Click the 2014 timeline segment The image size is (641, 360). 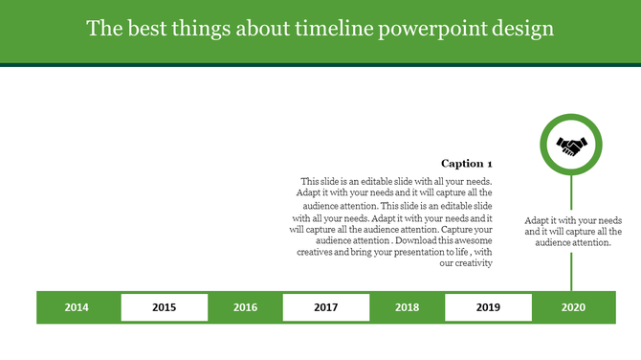point(77,307)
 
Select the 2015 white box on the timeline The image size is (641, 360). point(164,307)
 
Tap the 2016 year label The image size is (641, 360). point(245,307)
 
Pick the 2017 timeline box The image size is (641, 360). point(325,307)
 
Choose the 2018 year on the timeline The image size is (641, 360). point(407,307)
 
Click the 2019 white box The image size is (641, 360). point(488,307)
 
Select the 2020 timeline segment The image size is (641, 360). point(573,307)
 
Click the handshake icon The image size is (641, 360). point(572,146)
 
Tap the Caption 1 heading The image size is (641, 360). point(466,164)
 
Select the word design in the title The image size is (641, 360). point(525,29)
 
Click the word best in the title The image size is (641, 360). point(142,29)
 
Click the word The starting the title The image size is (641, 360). point(101,29)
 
